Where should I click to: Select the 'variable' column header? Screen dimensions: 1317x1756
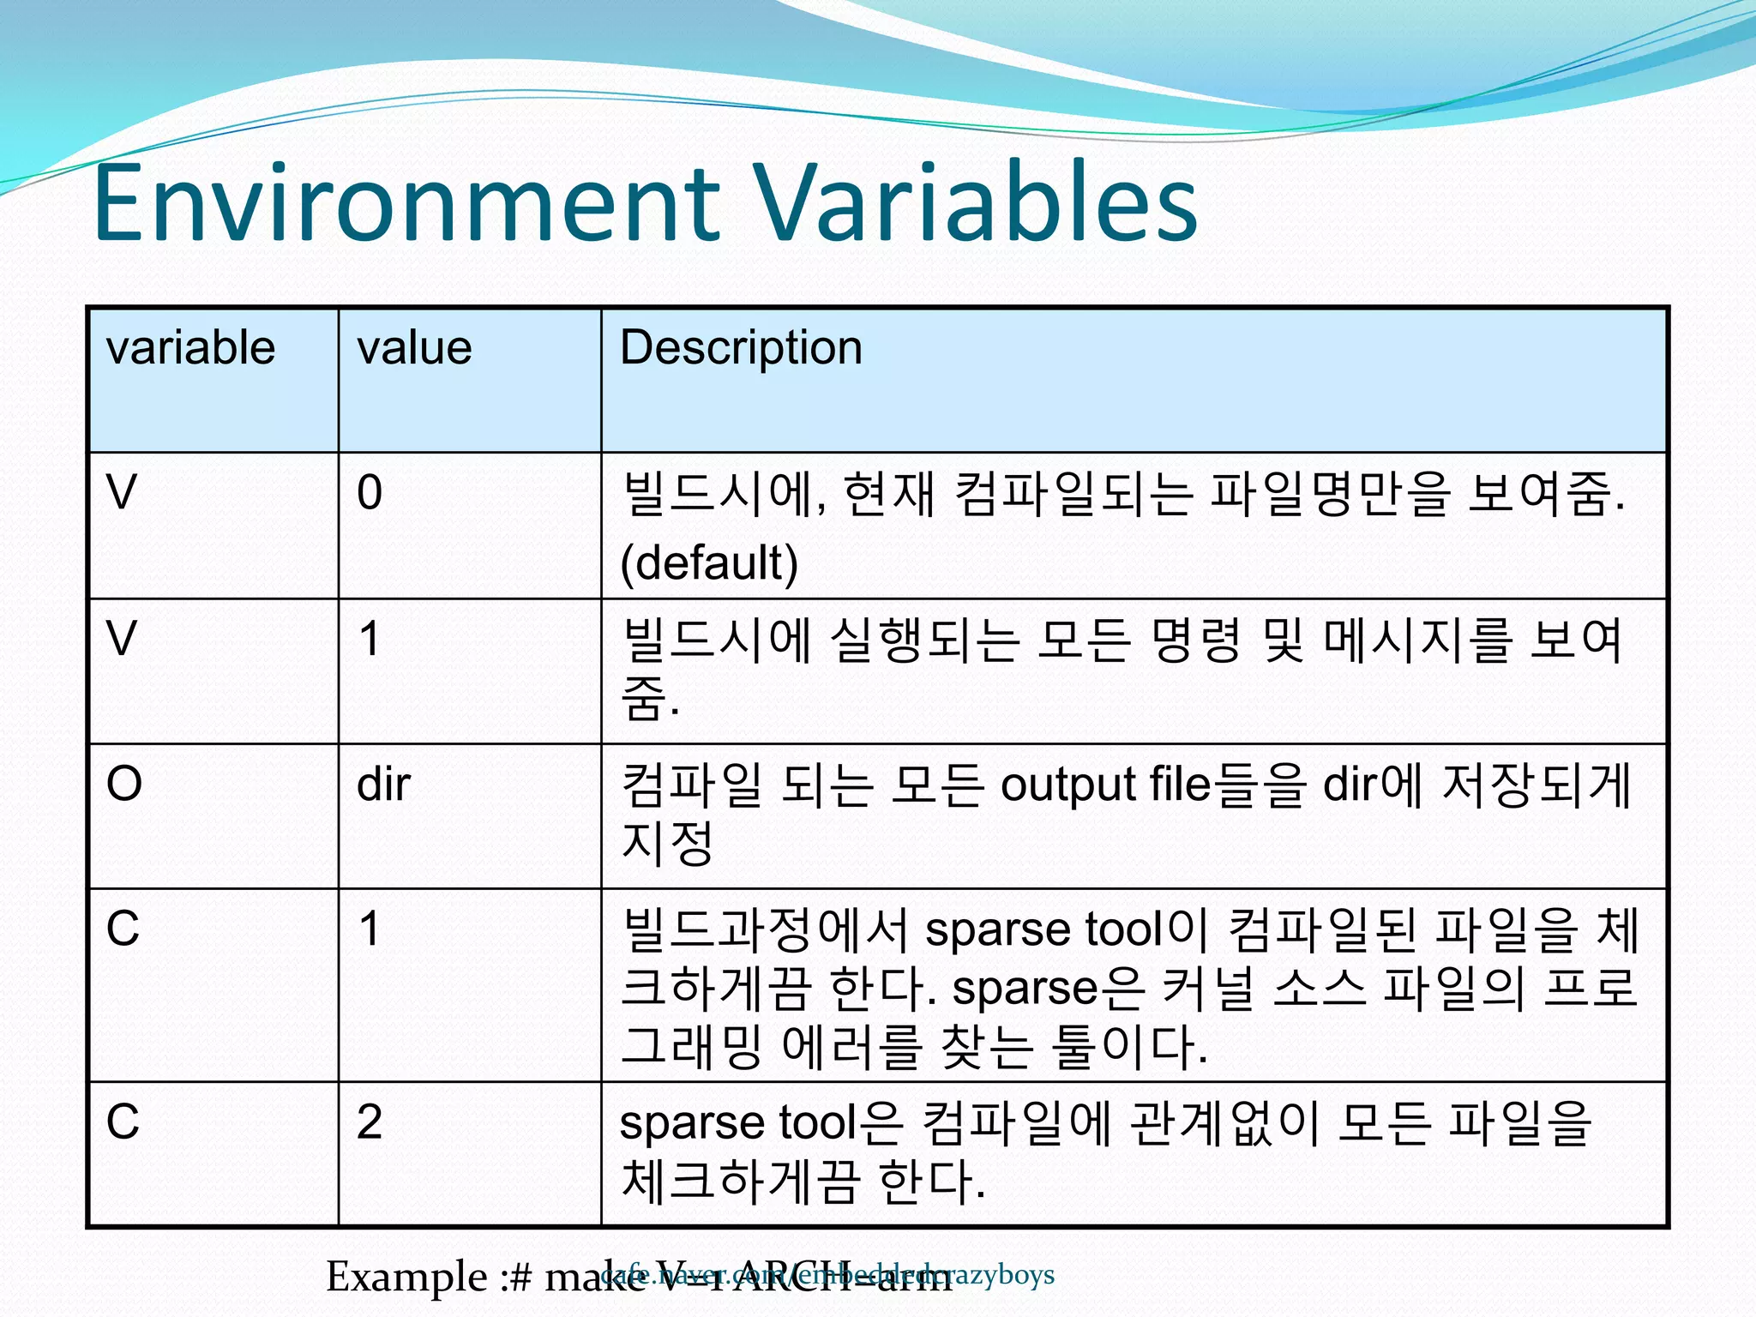click(190, 348)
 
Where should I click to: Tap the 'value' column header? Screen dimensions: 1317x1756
click(414, 348)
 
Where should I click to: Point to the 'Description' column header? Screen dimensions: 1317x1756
click(741, 348)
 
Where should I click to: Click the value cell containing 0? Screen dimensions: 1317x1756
click(370, 493)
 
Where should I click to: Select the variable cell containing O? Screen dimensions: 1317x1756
click(124, 784)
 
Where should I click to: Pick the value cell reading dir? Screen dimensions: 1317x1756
click(383, 784)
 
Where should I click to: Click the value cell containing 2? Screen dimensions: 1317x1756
click(370, 1122)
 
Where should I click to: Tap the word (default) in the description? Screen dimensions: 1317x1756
click(709, 563)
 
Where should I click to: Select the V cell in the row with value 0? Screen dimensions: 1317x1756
click(122, 493)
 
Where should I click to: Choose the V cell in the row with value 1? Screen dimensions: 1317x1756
click(122, 639)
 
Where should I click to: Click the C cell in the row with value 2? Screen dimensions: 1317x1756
click(123, 1122)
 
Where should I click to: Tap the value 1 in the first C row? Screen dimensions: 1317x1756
click(370, 929)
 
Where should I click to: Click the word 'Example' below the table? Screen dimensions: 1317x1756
click(406, 1278)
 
